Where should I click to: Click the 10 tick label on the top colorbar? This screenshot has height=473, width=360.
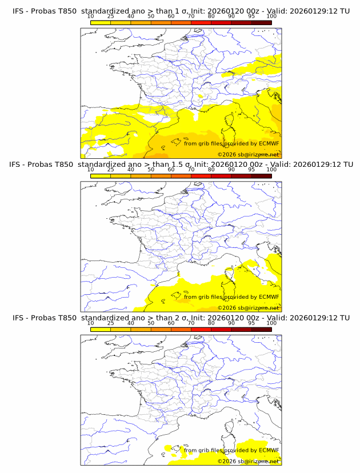click(x=91, y=16)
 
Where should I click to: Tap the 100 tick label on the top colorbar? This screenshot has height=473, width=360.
click(x=271, y=16)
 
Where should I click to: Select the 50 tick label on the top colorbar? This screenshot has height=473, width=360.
click(x=151, y=16)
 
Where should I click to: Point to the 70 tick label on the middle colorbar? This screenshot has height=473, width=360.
click(x=191, y=170)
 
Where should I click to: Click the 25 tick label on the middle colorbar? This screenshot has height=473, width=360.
click(x=111, y=170)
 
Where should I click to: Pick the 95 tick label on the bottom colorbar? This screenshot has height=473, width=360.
click(x=251, y=323)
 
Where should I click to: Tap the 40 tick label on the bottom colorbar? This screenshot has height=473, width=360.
click(x=131, y=323)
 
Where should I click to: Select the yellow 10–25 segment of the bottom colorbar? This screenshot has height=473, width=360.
click(x=101, y=329)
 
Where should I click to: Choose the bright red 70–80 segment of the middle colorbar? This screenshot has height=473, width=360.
click(x=201, y=176)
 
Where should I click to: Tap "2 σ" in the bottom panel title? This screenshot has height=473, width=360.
click(x=175, y=318)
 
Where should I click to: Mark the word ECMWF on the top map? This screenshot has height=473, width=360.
click(x=269, y=144)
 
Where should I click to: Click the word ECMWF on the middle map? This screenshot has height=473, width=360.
click(x=269, y=297)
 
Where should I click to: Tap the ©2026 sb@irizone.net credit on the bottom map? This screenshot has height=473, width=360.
click(x=248, y=461)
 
